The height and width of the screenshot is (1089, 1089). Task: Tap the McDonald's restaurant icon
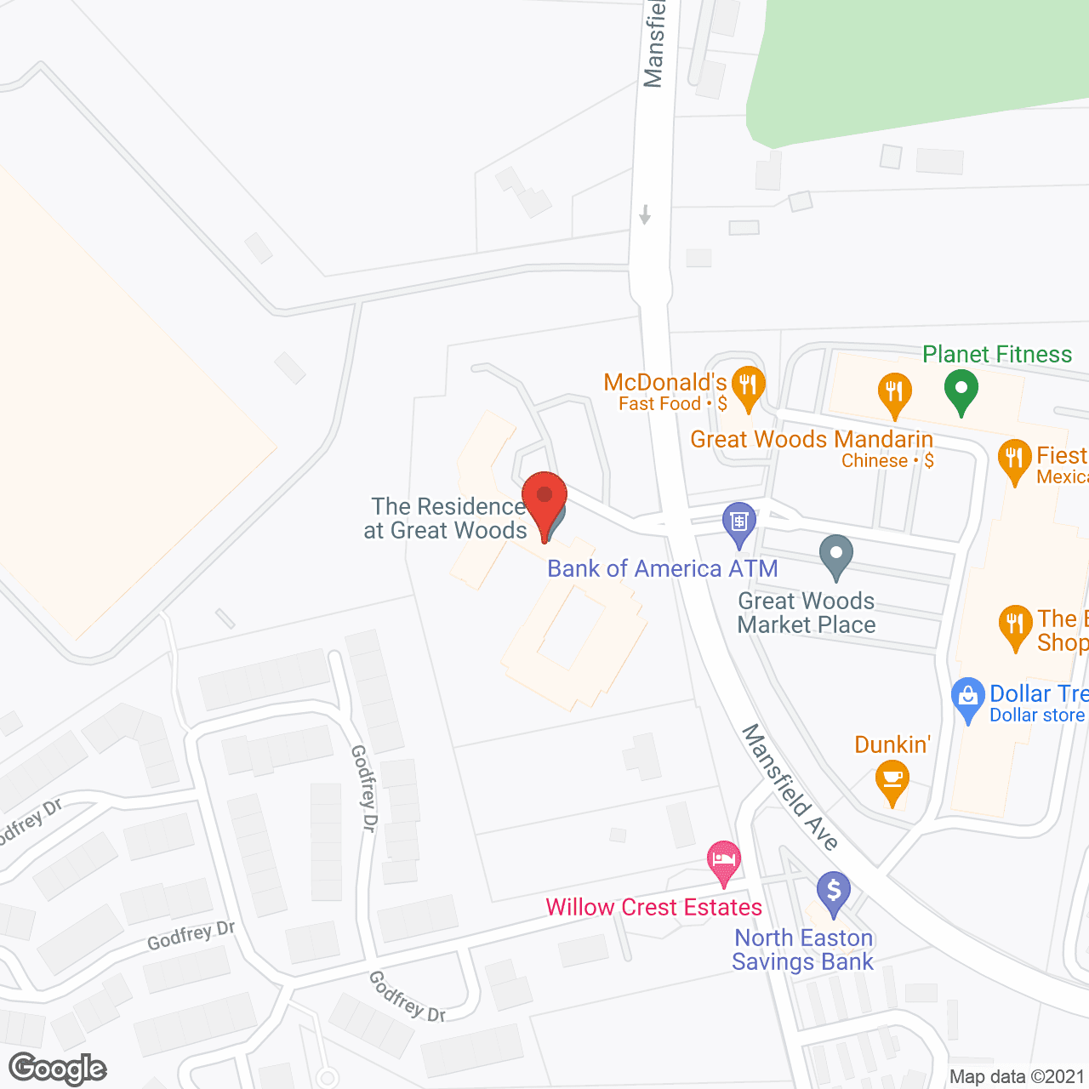pos(748,387)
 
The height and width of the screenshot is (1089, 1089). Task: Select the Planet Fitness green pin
pos(961,392)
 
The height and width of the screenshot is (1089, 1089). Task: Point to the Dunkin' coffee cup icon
pos(892,781)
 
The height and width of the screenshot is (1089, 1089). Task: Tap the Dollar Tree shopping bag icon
pos(968,698)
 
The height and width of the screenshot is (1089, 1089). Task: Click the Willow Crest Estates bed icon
pos(724,862)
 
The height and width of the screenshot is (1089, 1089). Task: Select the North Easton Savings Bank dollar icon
pos(834,892)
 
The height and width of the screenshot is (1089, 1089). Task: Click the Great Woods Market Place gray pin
pos(836,555)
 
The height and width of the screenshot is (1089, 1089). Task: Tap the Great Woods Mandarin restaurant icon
pos(894,393)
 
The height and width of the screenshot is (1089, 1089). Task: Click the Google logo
pos(58,1069)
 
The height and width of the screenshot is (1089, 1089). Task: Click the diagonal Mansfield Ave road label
pos(790,786)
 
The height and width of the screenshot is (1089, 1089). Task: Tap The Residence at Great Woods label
pos(447,518)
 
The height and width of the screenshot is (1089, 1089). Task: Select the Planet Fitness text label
pos(997,354)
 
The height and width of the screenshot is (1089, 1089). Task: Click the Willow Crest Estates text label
pos(653,907)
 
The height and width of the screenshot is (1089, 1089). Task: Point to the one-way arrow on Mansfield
pos(645,214)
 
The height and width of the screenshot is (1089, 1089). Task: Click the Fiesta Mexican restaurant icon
pos(1014,460)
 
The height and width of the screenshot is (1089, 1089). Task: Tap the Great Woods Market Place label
pos(806,613)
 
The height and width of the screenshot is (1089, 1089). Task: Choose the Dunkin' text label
pos(892,744)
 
